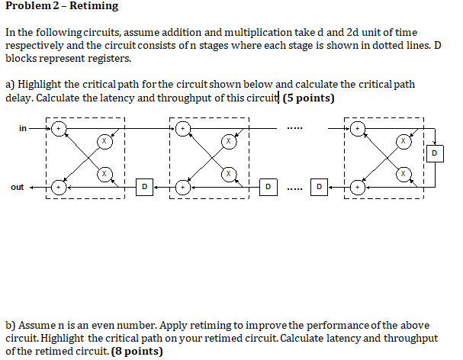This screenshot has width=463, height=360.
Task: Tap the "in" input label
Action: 22,128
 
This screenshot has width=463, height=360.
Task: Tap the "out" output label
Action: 17,187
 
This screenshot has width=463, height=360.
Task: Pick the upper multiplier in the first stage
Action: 103,141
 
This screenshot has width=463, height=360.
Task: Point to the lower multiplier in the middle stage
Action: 227,174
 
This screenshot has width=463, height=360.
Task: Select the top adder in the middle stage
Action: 182,129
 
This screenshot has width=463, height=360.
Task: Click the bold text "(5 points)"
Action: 309,98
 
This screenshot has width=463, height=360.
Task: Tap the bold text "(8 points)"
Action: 137,351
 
